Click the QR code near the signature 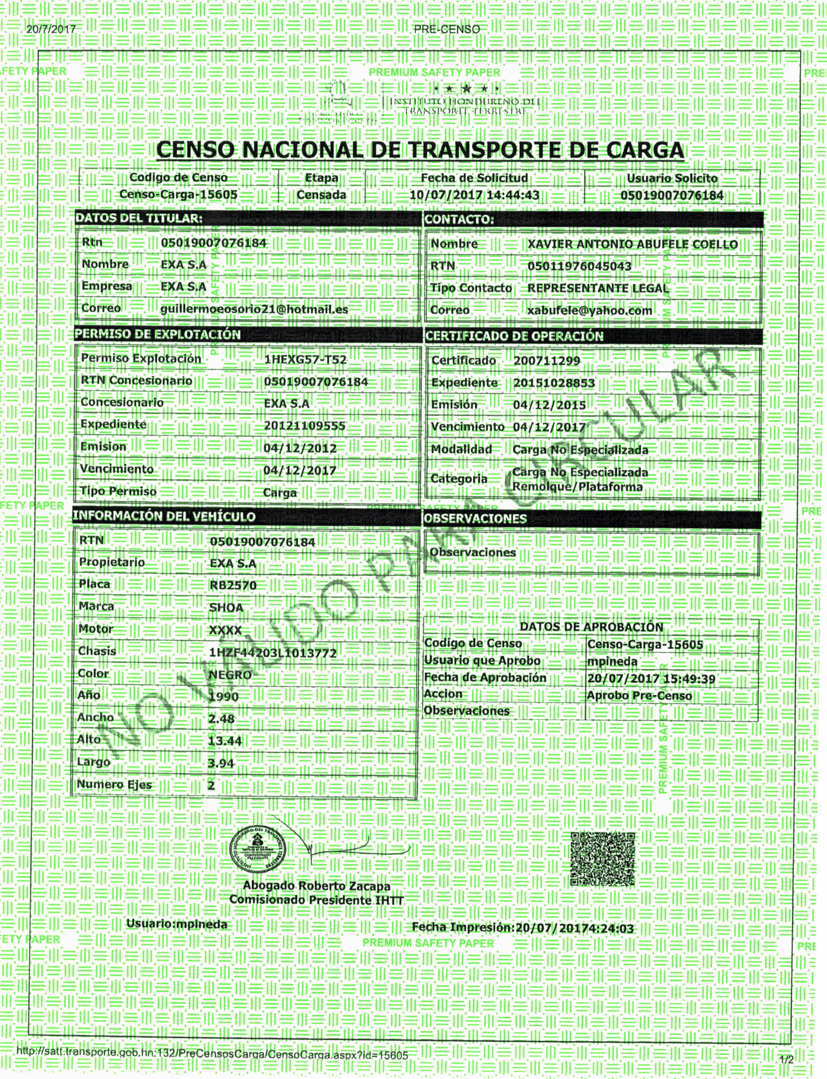coord(602,859)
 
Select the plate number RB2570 coord(233,585)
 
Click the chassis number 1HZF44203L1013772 coord(273,653)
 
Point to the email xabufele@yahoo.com coord(589,311)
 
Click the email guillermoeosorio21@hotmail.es coord(254,309)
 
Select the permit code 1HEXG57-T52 coord(305,359)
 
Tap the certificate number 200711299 coord(546,361)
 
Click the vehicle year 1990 coord(224,696)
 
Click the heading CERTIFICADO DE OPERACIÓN coord(514,336)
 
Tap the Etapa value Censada coord(321,195)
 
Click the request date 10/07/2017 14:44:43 coord(474,195)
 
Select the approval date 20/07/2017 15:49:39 coord(651,679)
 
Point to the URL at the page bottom coord(212,1055)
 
